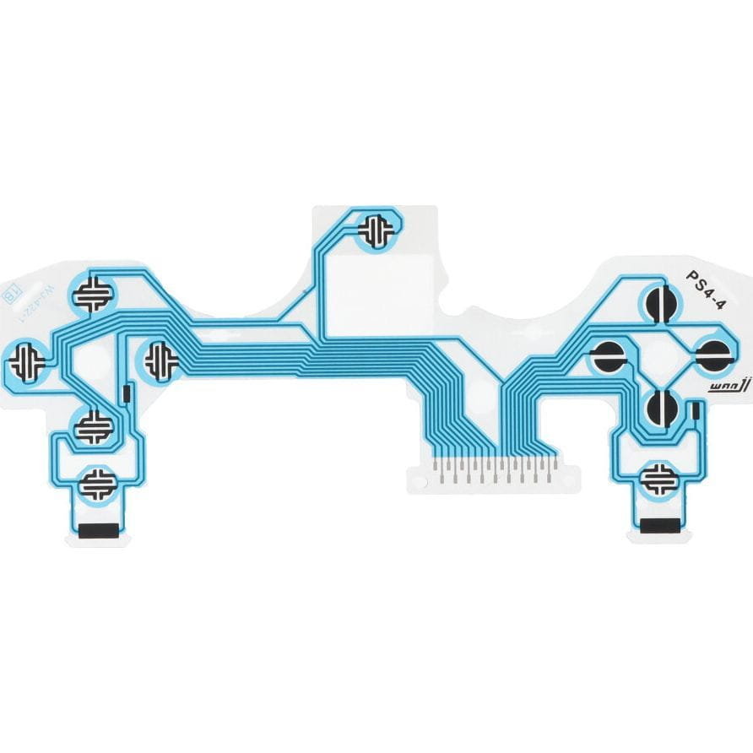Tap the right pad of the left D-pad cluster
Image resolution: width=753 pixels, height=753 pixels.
pyautogui.click(x=160, y=360)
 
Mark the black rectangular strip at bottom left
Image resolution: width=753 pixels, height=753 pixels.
pyautogui.click(x=98, y=531)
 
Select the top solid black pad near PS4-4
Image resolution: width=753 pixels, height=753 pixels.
pyautogui.click(x=660, y=303)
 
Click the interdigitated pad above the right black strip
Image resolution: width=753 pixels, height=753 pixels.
pyautogui.click(x=659, y=479)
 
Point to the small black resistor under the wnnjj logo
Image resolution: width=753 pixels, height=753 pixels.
pyautogui.click(x=695, y=412)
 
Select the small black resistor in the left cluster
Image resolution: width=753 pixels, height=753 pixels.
pyautogui.click(x=126, y=393)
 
